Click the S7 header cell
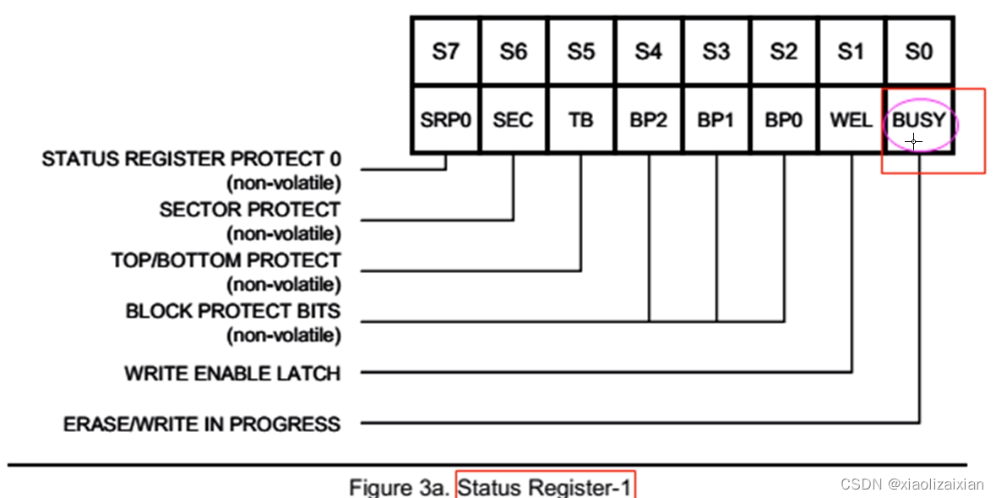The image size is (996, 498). tap(445, 52)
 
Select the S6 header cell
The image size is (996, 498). tap(513, 52)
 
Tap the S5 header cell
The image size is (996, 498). tap(580, 52)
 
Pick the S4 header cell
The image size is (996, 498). tap(648, 52)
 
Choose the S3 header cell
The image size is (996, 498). tap(716, 52)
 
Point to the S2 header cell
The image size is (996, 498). tap(783, 52)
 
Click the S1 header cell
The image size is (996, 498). tap(851, 52)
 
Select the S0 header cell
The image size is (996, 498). tap(918, 52)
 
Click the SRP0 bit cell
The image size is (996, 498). tap(445, 120)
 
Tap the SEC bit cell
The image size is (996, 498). tap(513, 120)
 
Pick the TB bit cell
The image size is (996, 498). tap(580, 120)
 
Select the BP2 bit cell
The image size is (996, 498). tap(648, 120)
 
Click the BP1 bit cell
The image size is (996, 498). tap(716, 120)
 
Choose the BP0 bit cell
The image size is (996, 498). tap(783, 120)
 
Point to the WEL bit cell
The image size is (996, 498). tap(851, 120)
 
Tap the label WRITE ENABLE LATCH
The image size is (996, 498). tap(232, 373)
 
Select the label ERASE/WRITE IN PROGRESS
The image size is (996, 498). tap(202, 424)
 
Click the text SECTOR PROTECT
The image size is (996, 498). tap(250, 210)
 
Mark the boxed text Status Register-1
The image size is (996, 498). tap(545, 486)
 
